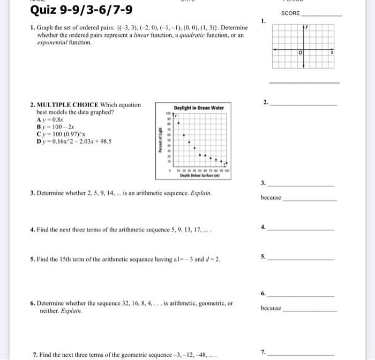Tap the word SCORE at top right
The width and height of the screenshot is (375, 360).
click(x=291, y=13)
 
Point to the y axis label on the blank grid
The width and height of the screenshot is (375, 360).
click(x=307, y=26)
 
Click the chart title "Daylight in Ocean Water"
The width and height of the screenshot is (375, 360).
click(x=198, y=108)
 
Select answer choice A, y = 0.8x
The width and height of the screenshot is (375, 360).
click(x=49, y=121)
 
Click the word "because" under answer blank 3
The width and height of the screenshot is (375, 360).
click(x=271, y=198)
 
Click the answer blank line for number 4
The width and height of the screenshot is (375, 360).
click(x=300, y=230)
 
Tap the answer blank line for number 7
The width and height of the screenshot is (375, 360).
click(x=300, y=355)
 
